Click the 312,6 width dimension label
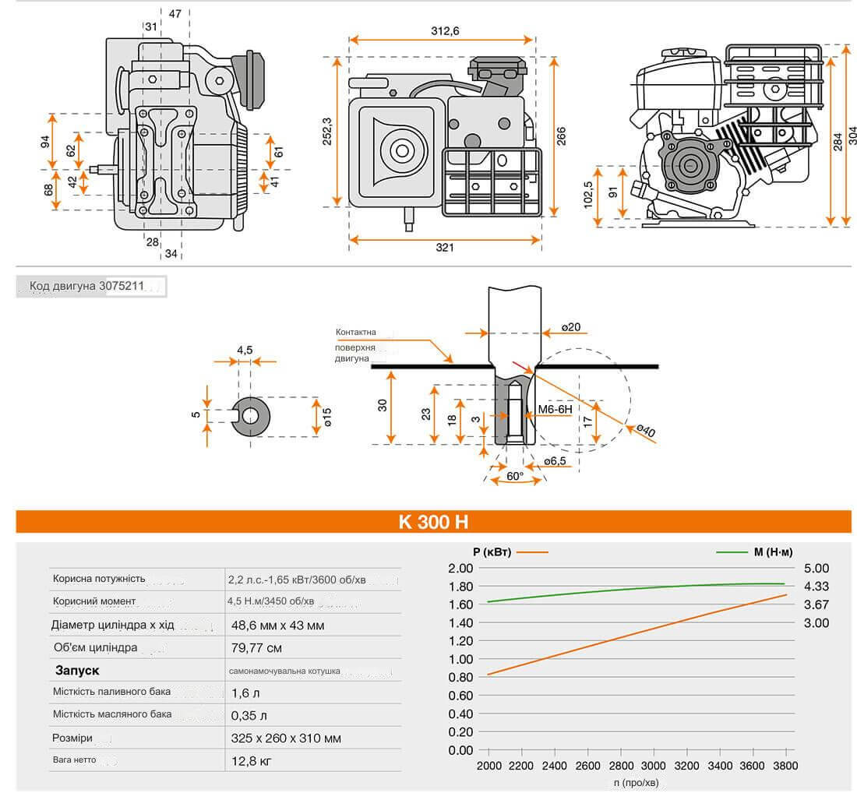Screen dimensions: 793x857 click(445, 31)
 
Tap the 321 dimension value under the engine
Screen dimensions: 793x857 click(444, 248)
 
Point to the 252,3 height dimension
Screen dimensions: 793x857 click(327, 131)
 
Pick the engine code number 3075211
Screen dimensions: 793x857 click(122, 286)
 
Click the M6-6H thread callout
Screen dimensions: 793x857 click(555, 408)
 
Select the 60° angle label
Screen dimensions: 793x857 click(515, 475)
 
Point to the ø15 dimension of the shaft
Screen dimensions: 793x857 click(327, 417)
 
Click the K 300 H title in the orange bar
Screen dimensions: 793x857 click(433, 522)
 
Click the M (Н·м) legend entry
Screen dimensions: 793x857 click(773, 552)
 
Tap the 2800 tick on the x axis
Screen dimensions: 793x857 click(620, 766)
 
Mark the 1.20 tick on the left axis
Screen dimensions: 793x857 click(460, 641)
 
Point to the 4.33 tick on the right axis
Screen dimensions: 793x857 click(816, 587)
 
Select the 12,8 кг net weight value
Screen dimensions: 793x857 click(250, 760)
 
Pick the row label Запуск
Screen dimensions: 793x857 click(77, 670)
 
